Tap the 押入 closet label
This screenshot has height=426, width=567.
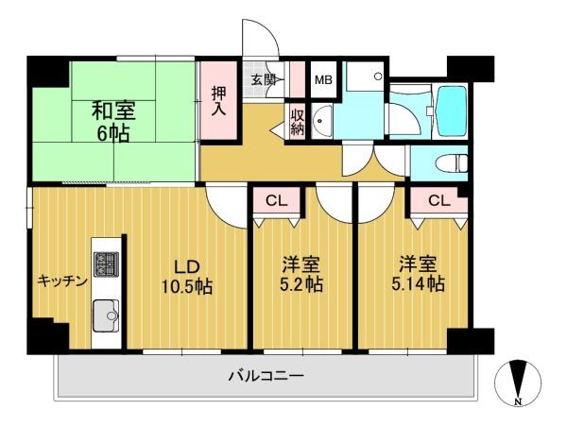tap(218, 101)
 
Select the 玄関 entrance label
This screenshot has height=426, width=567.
tap(264, 79)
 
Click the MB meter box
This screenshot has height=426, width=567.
tap(323, 79)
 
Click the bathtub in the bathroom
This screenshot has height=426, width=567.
tap(452, 111)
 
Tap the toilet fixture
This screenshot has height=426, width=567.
tap(451, 162)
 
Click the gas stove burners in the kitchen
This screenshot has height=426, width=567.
tap(106, 264)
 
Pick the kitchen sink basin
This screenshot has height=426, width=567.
tap(106, 315)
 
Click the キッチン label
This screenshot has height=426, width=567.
tap(62, 281)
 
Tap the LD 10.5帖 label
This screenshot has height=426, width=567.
tap(186, 277)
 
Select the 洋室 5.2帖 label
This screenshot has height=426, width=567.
tap(301, 275)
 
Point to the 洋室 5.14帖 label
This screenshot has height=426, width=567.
tap(418, 274)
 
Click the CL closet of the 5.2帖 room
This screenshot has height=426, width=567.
tap(277, 200)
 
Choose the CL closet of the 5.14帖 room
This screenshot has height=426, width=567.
tap(439, 200)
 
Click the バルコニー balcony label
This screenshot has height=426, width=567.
tap(266, 376)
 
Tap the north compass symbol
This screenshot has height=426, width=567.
tap(518, 383)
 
